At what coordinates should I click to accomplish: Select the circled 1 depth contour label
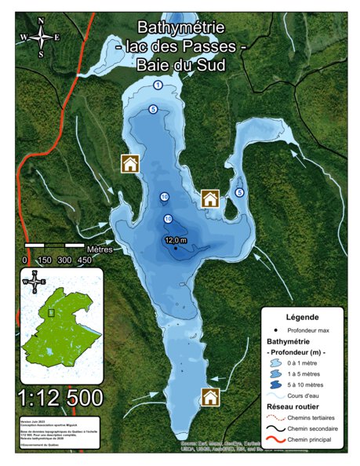(x=158, y=85)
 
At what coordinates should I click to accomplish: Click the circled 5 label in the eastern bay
(x=239, y=192)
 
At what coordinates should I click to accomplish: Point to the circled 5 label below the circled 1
(x=153, y=108)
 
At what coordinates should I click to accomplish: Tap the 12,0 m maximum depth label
(x=176, y=240)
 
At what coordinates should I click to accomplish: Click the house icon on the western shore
(x=129, y=163)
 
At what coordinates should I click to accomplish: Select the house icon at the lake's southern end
(x=210, y=397)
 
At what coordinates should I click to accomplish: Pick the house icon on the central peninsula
(x=209, y=198)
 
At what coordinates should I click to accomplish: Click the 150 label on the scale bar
(x=45, y=260)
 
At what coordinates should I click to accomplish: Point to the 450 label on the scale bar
(x=84, y=260)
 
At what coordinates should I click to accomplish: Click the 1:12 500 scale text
(x=59, y=399)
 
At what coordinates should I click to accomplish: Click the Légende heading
(x=302, y=317)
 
